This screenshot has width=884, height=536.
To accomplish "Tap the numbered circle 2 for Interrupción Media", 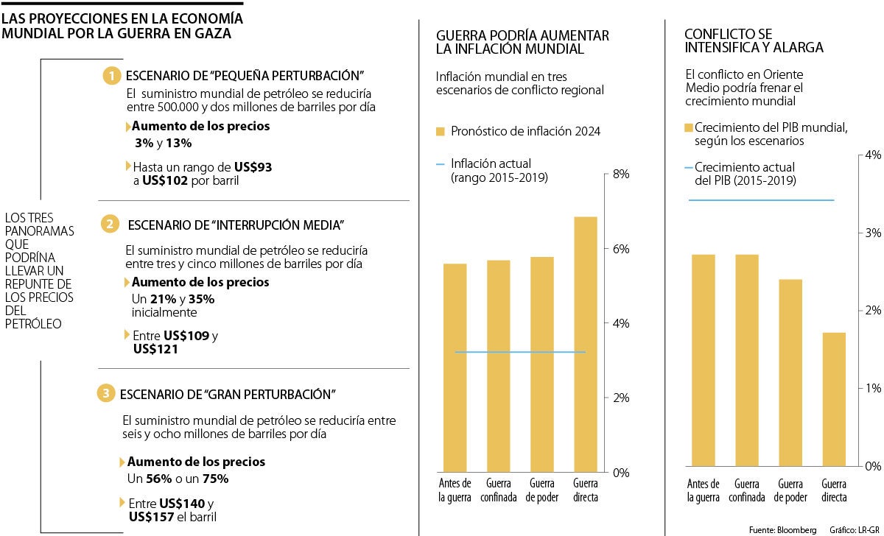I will click(x=109, y=224).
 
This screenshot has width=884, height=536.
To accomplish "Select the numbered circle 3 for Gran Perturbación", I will click(x=106, y=394).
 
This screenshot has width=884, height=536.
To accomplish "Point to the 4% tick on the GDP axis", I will click(x=873, y=155).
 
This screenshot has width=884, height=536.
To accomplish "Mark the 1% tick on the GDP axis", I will click(x=873, y=388).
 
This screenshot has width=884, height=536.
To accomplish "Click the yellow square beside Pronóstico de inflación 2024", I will click(x=441, y=132).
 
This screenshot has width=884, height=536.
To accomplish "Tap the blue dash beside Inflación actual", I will click(x=441, y=164).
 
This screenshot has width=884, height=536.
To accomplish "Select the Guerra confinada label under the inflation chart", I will click(x=500, y=490).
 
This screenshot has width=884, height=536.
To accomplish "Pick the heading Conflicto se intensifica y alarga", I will click(x=754, y=40).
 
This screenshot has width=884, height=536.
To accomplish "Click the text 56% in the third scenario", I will click(x=160, y=479).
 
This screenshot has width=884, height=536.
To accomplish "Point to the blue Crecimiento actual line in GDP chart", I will click(x=761, y=200).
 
